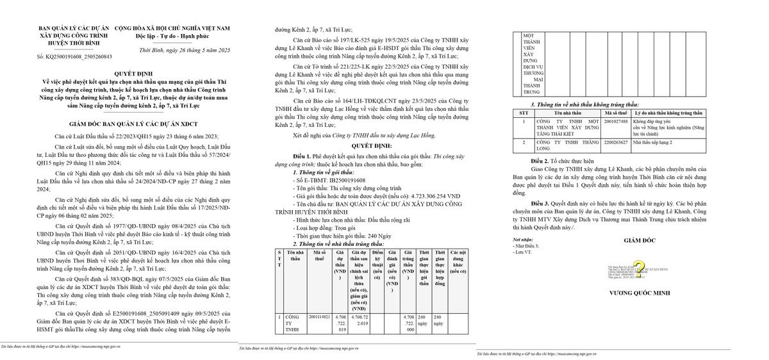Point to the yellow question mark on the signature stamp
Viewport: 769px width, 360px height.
click(x=638, y=267)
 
